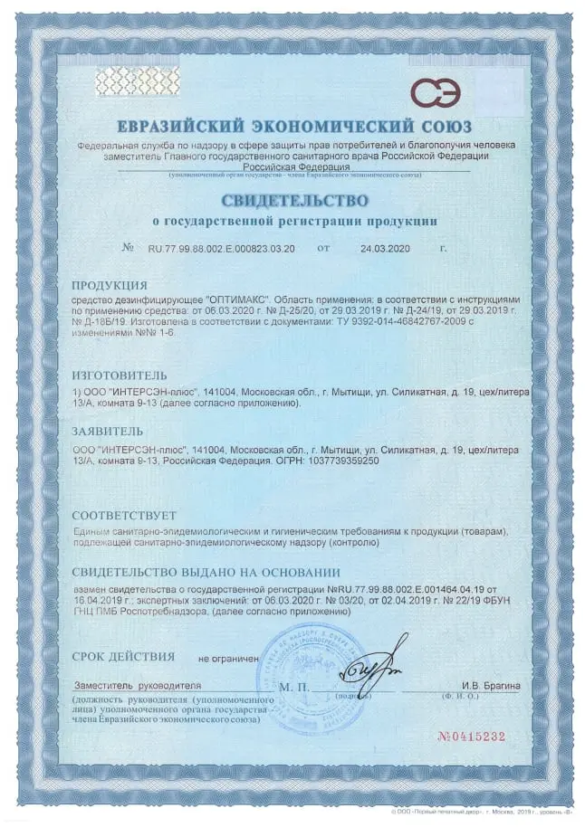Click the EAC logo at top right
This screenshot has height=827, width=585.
(436, 92)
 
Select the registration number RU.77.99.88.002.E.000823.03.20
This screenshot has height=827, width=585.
(221, 247)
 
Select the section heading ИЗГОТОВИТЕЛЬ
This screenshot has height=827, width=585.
(120, 373)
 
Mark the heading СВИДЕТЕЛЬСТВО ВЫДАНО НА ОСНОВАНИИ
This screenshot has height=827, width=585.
(206, 572)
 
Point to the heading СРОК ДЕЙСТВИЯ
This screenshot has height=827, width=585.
(123, 654)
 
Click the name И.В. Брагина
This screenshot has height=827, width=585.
(490, 686)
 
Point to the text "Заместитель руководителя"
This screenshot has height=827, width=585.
(138, 686)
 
